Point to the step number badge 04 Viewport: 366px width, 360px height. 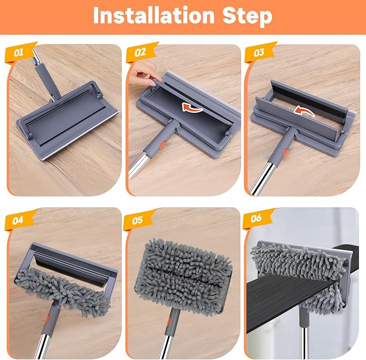point(20,219)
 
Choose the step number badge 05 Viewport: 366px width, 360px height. point(138,219)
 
